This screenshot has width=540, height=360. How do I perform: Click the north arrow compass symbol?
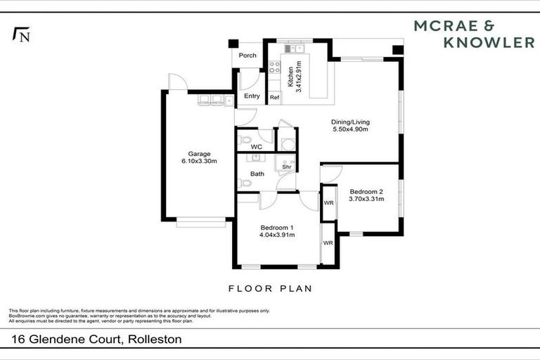20,34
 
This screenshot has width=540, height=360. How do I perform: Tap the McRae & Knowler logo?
474,34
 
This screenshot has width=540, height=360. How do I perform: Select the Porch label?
247,56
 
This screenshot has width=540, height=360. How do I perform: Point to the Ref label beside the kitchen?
274,97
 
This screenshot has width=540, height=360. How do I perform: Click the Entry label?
252,96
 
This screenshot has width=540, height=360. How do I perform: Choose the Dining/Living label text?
350,122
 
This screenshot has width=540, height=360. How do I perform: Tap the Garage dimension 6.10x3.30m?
199,161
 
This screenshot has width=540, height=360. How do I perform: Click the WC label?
247,147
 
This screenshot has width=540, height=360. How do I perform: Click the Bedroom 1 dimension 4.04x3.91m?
277,235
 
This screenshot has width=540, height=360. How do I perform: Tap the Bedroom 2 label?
366,192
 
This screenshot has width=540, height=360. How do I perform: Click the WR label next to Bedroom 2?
328,203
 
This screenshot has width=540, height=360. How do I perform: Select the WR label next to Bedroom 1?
328,243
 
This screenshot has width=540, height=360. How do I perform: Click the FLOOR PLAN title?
270,288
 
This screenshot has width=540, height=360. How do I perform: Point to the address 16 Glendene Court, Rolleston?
96,340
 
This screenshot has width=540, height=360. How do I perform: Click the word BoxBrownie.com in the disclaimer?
25,315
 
